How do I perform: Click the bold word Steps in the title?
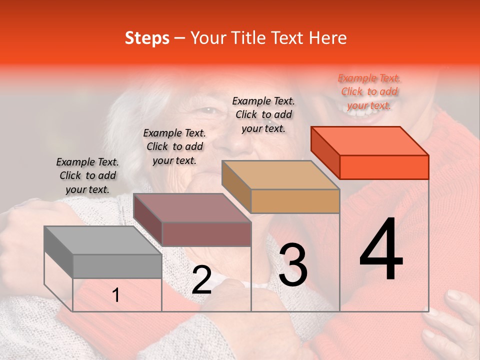coord(147,38)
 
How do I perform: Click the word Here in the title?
coord(327,38)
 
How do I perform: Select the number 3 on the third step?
coord(293,264)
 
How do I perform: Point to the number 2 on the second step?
coord(201,280)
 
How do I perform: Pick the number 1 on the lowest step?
coord(116,295)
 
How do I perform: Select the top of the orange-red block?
coord(369,141)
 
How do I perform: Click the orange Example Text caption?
coord(369,91)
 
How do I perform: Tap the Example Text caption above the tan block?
coord(263,114)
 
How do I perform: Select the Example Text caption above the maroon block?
coord(174,146)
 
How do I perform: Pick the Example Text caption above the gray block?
coord(87,175)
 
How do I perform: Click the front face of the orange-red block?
coord(384,167)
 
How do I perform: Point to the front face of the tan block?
coord(295,201)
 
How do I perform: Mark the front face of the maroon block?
coord(206,234)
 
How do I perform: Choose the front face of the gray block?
coord(117,266)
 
